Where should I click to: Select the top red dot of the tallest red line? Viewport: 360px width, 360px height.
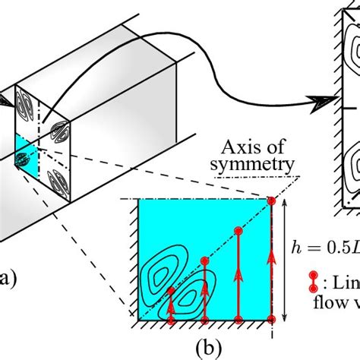click(x=271, y=201)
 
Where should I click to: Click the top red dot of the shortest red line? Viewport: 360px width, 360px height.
click(x=171, y=291)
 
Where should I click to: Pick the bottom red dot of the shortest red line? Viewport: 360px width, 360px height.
click(x=171, y=321)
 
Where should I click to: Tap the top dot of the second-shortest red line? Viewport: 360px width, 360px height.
click(x=204, y=261)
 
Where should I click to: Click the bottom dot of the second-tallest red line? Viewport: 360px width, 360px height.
click(x=238, y=321)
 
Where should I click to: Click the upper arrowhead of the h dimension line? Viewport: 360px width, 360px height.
click(x=284, y=202)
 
